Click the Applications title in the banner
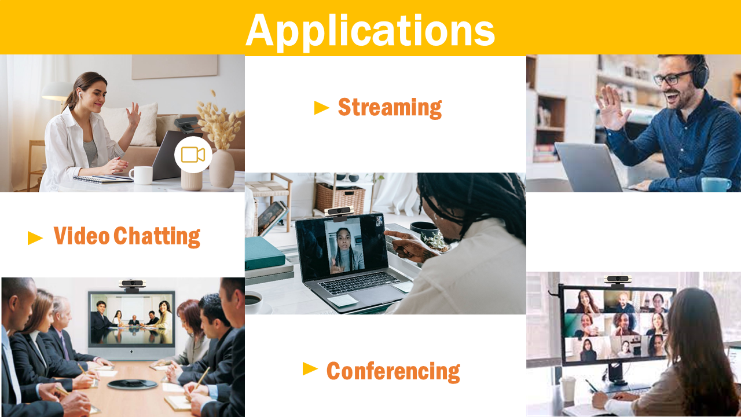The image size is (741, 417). pyautogui.click(x=370, y=31)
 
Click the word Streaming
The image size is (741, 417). pyautogui.click(x=390, y=108)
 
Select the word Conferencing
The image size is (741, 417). pyautogui.click(x=393, y=371)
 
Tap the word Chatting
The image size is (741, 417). pyautogui.click(x=157, y=236)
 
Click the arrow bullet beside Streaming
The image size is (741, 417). pyautogui.click(x=321, y=108)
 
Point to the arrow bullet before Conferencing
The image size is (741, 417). pyautogui.click(x=310, y=369)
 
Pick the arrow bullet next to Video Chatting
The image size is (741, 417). pyautogui.click(x=35, y=238)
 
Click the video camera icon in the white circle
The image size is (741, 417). pyautogui.click(x=193, y=155)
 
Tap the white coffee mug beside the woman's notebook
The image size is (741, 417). pyautogui.click(x=142, y=175)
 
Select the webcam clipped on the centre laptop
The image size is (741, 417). pyautogui.click(x=339, y=213)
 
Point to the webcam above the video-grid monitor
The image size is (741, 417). pyautogui.click(x=617, y=280)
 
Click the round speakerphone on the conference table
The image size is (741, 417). pyautogui.click(x=133, y=384)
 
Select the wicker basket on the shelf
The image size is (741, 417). pyautogui.click(x=340, y=198)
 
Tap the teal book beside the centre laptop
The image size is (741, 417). pyautogui.click(x=264, y=253)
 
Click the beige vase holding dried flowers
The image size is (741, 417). pyautogui.click(x=222, y=169)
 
